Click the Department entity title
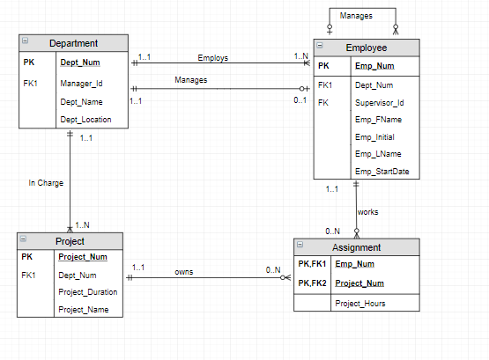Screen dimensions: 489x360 [74, 43]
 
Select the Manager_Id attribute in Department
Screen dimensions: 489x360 [81, 84]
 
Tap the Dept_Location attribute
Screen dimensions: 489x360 [85, 120]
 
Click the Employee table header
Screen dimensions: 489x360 [367, 48]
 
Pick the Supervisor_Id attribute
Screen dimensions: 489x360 [379, 103]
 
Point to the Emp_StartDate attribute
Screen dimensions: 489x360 [382, 172]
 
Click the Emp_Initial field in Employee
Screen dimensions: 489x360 [374, 137]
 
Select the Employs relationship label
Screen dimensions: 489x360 [213, 58]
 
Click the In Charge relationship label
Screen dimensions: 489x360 [46, 183]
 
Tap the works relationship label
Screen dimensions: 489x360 [367, 212]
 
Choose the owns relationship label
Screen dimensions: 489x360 [184, 272]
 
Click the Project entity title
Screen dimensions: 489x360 [70, 241]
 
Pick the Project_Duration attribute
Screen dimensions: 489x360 [88, 292]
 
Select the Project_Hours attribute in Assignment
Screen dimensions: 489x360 [360, 304]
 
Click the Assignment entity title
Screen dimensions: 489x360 [356, 247]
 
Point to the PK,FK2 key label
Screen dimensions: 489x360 [312, 283]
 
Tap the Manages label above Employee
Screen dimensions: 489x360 [356, 16]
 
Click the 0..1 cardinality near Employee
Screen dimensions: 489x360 [300, 100]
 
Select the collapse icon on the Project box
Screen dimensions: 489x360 [23, 239]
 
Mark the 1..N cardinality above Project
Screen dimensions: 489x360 [82, 225]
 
